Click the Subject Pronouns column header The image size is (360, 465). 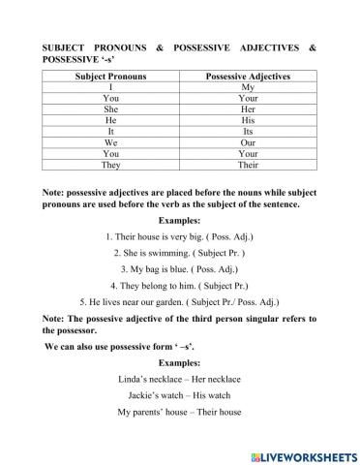[110, 76]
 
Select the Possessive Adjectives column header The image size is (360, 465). [248, 76]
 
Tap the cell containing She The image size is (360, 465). [110, 108]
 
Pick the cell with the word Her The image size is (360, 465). [248, 108]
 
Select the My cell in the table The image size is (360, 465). [248, 87]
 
